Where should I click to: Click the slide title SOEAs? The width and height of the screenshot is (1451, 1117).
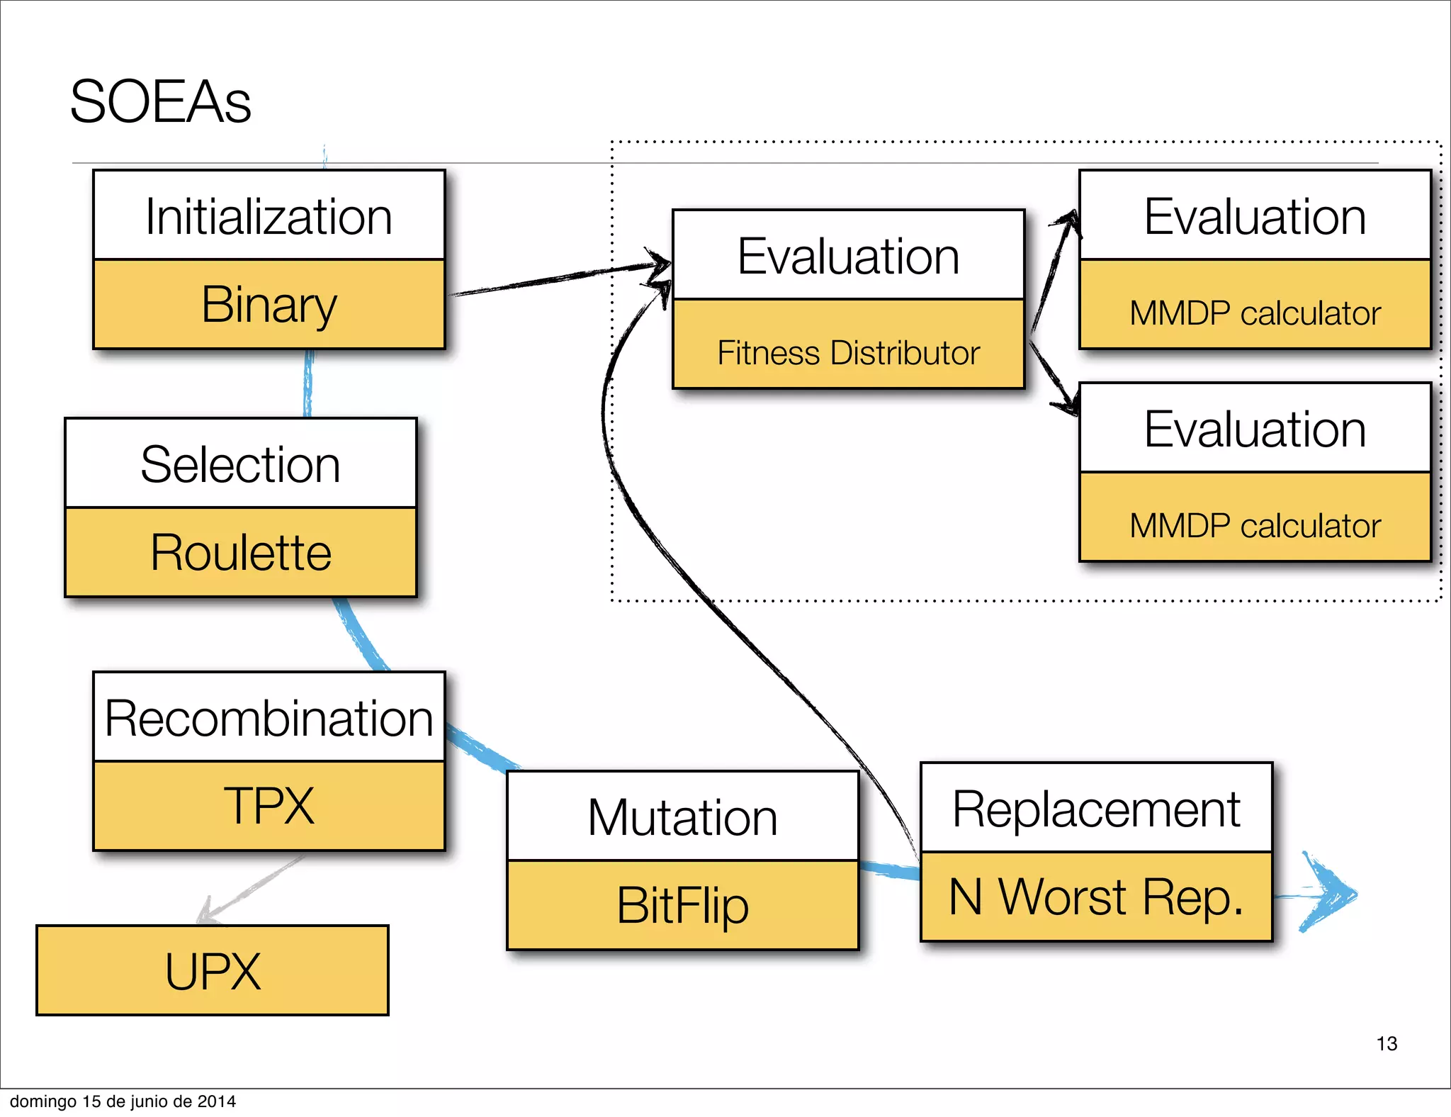160,102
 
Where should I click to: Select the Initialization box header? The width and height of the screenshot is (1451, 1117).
269,216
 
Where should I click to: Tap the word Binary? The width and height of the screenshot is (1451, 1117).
269,305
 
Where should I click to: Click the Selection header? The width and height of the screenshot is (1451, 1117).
240,464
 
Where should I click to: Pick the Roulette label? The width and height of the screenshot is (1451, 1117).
240,553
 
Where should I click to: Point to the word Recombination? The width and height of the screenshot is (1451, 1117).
269,718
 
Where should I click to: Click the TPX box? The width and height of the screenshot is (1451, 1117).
269,806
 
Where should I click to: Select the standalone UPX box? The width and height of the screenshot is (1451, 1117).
213,971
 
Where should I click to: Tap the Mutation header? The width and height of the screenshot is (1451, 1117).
682,817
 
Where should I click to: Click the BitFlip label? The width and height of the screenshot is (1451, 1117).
682,906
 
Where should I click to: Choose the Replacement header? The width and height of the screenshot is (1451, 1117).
1096,809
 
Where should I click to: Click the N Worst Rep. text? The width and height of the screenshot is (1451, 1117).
1096,897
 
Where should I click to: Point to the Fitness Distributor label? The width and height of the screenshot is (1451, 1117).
848,353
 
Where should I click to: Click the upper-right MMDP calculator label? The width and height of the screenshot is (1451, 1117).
1255,313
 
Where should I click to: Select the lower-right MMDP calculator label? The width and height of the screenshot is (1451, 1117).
1255,526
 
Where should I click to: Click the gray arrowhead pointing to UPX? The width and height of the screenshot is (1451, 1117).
208,913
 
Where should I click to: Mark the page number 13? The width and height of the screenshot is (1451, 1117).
1387,1043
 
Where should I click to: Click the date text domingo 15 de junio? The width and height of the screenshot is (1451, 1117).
123,1101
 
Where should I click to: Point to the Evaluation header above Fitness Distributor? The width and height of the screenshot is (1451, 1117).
848,256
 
